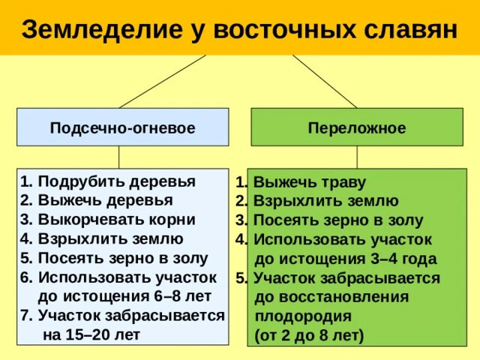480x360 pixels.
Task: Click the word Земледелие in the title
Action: click(94, 28)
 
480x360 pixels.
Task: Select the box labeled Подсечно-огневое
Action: click(123, 127)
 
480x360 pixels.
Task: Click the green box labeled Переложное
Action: click(356, 127)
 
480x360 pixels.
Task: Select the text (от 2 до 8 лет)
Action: click(309, 334)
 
